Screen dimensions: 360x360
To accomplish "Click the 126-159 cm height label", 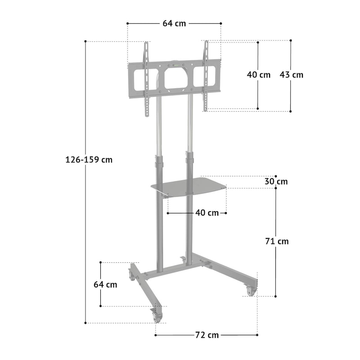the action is pyautogui.click(x=89, y=160).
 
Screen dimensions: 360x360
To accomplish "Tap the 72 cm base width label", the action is pyautogui.click(x=207, y=335).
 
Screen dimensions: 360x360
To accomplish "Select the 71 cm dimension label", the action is pyautogui.click(x=277, y=241).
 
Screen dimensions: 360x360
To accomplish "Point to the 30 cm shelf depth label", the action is pyautogui.click(x=276, y=181).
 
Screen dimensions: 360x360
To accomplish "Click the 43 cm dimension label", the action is pyautogui.click(x=291, y=75).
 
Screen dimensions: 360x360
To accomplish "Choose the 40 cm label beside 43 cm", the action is pyautogui.click(x=259, y=75).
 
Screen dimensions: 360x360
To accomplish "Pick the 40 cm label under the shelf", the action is pyautogui.click(x=207, y=213).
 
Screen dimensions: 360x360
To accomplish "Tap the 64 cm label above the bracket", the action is pyautogui.click(x=174, y=23).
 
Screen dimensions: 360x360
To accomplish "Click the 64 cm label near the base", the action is pyautogui.click(x=105, y=284).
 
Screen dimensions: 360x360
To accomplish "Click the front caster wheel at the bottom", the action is pyautogui.click(x=157, y=316).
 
